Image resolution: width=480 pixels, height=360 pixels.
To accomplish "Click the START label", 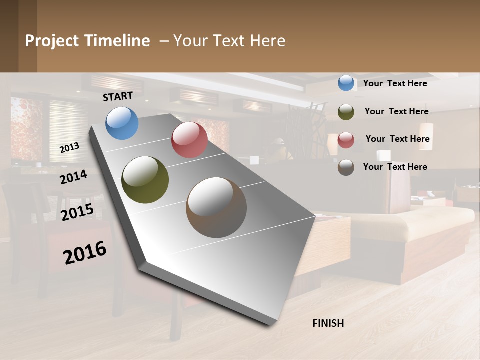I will [118, 96].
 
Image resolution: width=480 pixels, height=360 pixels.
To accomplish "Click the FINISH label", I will [328, 323].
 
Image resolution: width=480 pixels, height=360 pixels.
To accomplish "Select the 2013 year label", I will [69, 147].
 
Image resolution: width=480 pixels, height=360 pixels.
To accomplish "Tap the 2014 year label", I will [73, 177].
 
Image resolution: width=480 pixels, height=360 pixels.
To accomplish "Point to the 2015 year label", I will [77, 212].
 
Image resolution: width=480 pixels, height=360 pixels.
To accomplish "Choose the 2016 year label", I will [85, 252].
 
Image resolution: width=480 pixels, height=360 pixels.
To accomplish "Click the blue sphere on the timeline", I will [122, 123].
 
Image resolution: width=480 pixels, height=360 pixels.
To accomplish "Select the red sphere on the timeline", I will [189, 140].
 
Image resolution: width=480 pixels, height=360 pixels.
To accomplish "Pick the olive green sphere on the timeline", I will [145, 180].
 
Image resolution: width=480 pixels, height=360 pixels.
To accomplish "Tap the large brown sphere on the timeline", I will [216, 207].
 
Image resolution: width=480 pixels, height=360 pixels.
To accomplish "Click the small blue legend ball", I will [346, 83].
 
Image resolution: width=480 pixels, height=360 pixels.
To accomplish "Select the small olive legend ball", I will [346, 112].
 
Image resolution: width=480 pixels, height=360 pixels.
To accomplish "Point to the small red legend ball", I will [346, 140].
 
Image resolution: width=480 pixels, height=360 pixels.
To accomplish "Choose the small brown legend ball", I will [346, 167].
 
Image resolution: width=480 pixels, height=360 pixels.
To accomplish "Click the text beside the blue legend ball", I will [395, 83].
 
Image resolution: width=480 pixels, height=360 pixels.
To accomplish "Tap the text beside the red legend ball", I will [397, 139].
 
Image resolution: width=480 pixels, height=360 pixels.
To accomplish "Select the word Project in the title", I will [51, 41].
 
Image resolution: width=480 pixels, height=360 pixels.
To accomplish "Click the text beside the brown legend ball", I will [395, 167].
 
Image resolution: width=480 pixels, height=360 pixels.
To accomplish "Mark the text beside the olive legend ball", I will [396, 111].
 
